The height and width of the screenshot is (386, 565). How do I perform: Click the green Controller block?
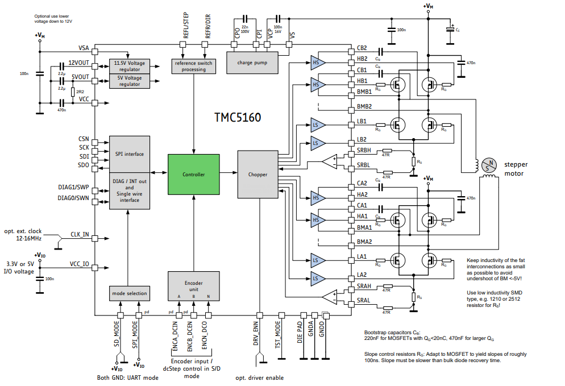pyautogui.click(x=194, y=175)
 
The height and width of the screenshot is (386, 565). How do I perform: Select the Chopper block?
pyautogui.click(x=257, y=175)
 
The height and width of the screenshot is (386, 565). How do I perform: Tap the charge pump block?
pyautogui.click(x=252, y=62)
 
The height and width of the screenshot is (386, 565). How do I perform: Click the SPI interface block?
pyautogui.click(x=130, y=153)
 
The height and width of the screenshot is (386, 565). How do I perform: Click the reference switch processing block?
pyautogui.click(x=194, y=66)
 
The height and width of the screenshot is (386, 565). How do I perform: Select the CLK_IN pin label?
pyautogui.click(x=79, y=234)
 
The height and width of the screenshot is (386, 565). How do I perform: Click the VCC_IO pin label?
pyautogui.click(x=79, y=264)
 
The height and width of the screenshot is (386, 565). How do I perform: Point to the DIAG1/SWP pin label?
pyautogui.click(x=73, y=186)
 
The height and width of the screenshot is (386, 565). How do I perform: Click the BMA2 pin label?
pyautogui.click(x=364, y=242)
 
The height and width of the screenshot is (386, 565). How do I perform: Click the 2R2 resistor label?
pyautogui.click(x=81, y=91)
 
